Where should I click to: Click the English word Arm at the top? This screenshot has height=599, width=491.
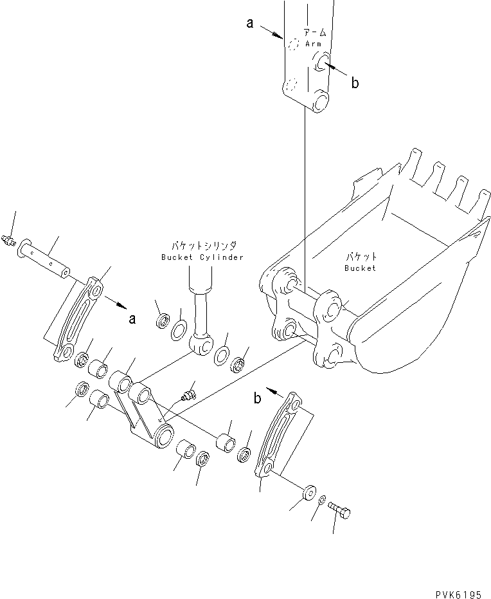[313, 44]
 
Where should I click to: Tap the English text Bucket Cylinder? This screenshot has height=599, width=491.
[203, 257]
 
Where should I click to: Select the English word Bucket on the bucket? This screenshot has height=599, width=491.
[359, 268]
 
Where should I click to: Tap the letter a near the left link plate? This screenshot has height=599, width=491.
[132, 318]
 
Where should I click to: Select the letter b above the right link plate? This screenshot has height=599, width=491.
[258, 399]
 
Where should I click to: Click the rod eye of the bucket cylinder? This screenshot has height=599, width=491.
[204, 346]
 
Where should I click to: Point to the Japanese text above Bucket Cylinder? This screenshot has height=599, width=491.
[203, 246]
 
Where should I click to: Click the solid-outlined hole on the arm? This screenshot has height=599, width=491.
[320, 61]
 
